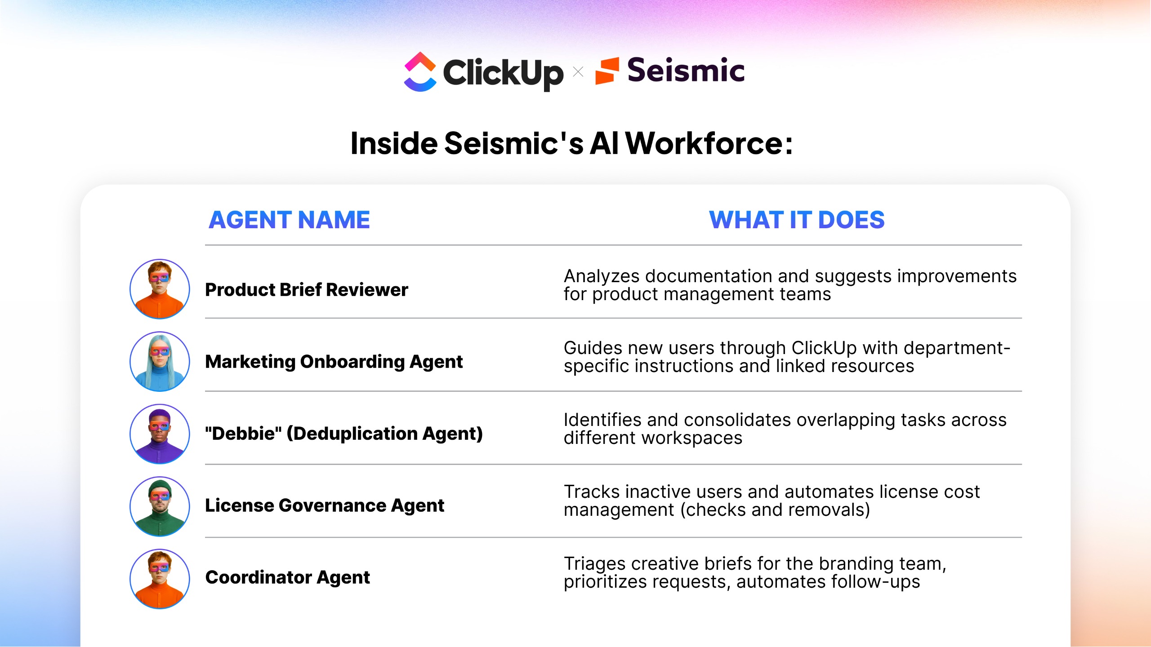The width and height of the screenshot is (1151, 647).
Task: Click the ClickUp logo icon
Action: tap(420, 72)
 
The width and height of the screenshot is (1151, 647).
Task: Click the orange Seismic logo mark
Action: tap(607, 71)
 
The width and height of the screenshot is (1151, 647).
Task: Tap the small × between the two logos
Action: tap(578, 72)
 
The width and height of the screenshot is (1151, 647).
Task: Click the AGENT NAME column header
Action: tap(289, 220)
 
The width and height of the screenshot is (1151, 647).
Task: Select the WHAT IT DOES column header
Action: tap(797, 220)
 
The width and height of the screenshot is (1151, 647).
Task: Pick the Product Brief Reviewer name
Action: tap(307, 290)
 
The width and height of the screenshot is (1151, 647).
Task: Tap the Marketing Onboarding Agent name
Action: tap(334, 362)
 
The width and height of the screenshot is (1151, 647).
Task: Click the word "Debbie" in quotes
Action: tap(243, 434)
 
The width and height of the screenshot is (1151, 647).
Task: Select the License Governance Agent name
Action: tap(325, 506)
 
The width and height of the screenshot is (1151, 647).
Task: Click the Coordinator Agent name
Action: tap(288, 578)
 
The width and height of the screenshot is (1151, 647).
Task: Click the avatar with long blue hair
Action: tap(160, 362)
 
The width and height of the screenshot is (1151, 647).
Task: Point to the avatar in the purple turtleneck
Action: tap(160, 434)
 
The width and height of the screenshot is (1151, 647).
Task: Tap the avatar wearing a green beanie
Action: tap(160, 506)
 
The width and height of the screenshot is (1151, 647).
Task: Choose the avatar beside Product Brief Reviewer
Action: tap(160, 289)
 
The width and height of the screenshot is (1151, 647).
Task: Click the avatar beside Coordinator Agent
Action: tap(160, 579)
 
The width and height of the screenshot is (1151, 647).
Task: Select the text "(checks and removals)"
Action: tap(775, 510)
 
